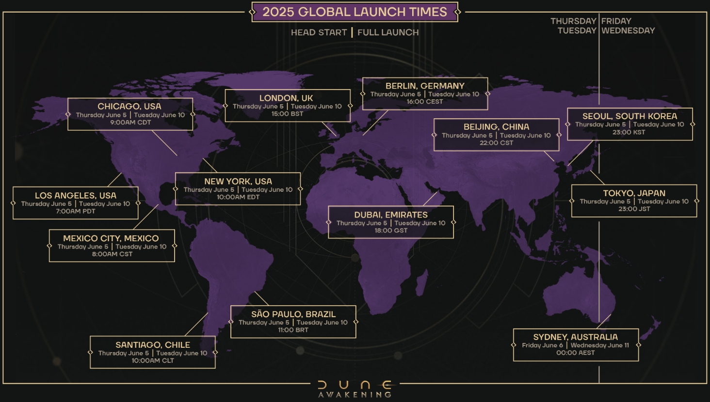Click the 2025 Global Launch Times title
point(355,12)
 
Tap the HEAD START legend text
point(319,32)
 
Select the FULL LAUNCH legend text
point(388,32)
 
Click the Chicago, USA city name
point(129,106)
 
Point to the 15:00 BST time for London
point(287,114)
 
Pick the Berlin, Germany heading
point(425,86)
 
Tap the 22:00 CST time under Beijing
point(496,143)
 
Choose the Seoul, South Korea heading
point(629,116)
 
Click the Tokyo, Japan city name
point(634,193)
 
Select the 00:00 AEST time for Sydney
point(575,353)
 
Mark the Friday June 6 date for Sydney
point(542,345)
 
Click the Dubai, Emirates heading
point(391,215)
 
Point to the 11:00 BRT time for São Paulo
point(293,330)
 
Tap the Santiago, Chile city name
point(153,345)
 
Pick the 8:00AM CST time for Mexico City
point(112,254)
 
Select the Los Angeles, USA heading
point(76,196)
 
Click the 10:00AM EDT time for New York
point(238,197)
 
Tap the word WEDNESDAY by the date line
point(628,31)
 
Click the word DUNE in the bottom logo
point(355,385)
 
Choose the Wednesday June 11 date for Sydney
point(600,345)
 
